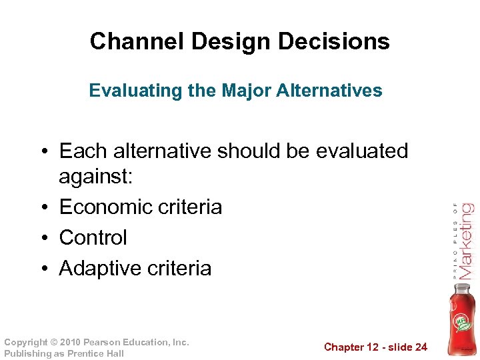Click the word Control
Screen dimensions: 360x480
pos(93,238)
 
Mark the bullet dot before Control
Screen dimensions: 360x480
pos(48,238)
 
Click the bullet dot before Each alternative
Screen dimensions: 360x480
pos(48,151)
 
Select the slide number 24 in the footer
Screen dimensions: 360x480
pos(420,347)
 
